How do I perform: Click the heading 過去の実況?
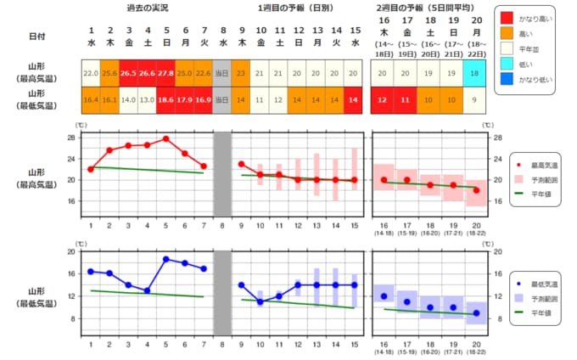coord(147,8)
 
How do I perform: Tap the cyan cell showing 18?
coord(476,73)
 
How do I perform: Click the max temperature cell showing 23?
coord(241,73)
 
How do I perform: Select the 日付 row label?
coord(36,37)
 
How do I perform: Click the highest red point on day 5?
coord(165,138)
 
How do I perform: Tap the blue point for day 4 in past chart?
coord(147,290)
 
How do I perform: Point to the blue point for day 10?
coord(260,301)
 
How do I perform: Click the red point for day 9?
coord(241,164)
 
